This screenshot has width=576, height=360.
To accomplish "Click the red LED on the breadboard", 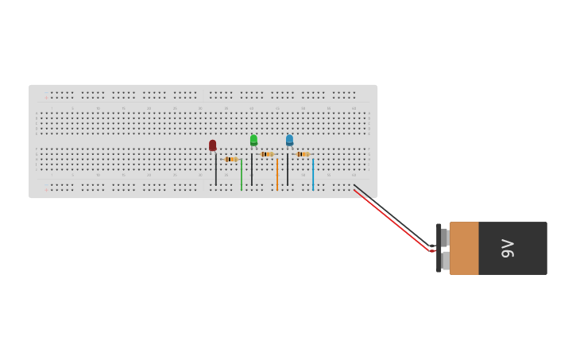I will pyautogui.click(x=212, y=145).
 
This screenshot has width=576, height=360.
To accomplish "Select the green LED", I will pyautogui.click(x=253, y=140).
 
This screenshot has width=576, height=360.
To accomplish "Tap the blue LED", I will pyautogui.click(x=289, y=140).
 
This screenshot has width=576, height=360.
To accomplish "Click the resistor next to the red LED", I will pyautogui.click(x=230, y=159).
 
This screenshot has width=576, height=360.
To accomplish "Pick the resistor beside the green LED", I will pyautogui.click(x=267, y=154).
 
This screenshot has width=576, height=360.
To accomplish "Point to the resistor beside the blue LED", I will pyautogui.click(x=302, y=154).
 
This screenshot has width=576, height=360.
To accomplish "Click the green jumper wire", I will pyautogui.click(x=242, y=175).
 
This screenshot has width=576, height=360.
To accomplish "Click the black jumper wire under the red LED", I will pyautogui.click(x=215, y=168).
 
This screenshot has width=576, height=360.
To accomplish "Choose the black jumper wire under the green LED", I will pyautogui.click(x=252, y=168).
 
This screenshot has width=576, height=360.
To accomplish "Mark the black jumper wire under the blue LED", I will pyautogui.click(x=288, y=168).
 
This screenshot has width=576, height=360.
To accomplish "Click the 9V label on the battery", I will pyautogui.click(x=508, y=248).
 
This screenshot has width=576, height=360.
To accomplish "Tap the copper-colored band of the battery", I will pyautogui.click(x=464, y=248).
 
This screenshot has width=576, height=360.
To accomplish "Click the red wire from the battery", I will pyautogui.click(x=393, y=221).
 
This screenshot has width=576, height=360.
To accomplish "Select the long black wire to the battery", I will pyautogui.click(x=397, y=217).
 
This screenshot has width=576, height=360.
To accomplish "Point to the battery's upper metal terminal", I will pyautogui.click(x=445, y=237).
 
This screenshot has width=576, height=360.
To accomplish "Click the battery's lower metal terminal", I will pyautogui.click(x=445, y=261).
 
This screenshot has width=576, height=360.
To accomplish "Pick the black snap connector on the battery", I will pyautogui.click(x=439, y=248).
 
